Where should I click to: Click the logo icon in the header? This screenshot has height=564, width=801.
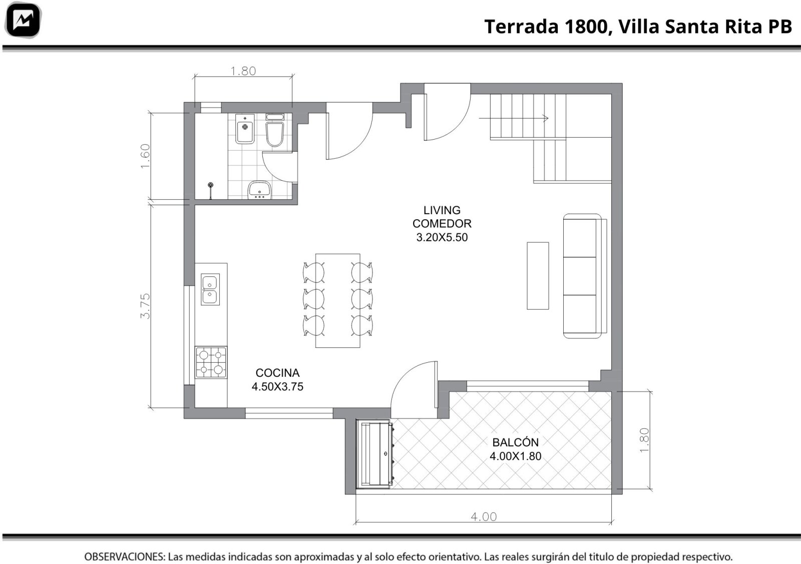point(23,20)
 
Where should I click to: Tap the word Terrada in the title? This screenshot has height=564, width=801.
point(521,27)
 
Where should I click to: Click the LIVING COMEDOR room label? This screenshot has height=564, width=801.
point(442,217)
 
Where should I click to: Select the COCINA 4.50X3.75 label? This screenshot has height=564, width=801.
point(277,379)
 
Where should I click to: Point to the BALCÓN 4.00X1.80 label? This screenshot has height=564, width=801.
point(515,449)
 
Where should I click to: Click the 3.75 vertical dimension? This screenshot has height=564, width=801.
point(145,306)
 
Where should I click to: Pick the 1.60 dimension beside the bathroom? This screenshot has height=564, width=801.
point(145,156)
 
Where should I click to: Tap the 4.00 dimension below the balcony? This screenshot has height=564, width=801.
point(484,517)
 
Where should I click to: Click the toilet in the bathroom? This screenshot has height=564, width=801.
point(275,130)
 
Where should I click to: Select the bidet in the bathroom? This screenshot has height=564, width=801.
point(245,129)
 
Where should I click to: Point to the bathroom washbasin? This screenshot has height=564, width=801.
point(259,190)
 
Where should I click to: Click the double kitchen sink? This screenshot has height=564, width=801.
point(210,289)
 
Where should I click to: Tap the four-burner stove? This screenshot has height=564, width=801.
point(211,362)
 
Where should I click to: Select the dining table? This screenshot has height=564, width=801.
point(337,301)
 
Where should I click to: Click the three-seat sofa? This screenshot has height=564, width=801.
point(585,276)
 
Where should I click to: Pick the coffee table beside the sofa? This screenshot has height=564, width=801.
point(538,276)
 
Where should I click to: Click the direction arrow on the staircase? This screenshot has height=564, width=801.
point(514,118)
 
